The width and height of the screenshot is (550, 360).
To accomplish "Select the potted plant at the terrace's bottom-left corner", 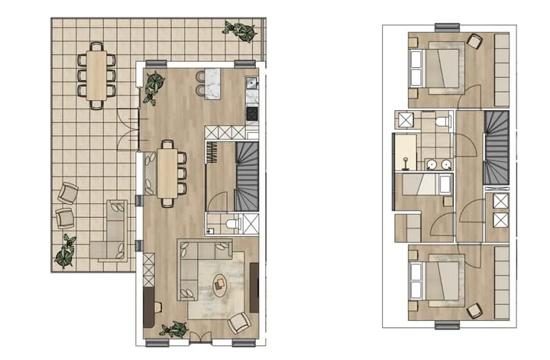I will tap(66, 251).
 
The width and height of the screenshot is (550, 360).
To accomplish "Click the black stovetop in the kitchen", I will tap(252, 113).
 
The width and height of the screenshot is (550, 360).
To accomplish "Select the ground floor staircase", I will tap(247, 177).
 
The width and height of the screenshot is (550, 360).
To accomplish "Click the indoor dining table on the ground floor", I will tap(168, 172).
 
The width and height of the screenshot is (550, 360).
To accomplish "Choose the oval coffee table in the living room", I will tap(220, 285).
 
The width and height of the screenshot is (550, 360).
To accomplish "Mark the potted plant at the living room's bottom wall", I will tap(173, 330).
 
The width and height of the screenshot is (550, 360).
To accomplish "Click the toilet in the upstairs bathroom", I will tap(442, 122).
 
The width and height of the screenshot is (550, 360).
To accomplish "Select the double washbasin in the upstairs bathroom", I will tap(438, 164).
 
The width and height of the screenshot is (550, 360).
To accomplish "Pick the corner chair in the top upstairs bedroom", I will tap(474, 43).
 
